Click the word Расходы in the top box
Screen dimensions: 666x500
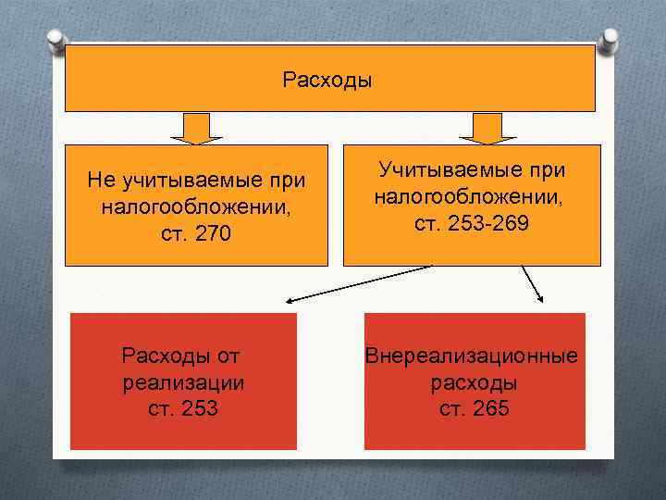coord(327,81)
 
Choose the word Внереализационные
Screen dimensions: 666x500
coord(472,356)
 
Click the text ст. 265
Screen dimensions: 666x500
coord(475,408)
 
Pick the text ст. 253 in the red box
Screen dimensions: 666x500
coord(183,408)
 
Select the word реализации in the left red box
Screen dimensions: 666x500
coord(183,382)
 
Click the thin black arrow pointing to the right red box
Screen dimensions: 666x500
coord(533,282)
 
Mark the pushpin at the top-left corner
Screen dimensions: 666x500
coord(55,39)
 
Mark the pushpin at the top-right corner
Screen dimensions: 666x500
coord(612,39)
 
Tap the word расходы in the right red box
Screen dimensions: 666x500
coord(474,382)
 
